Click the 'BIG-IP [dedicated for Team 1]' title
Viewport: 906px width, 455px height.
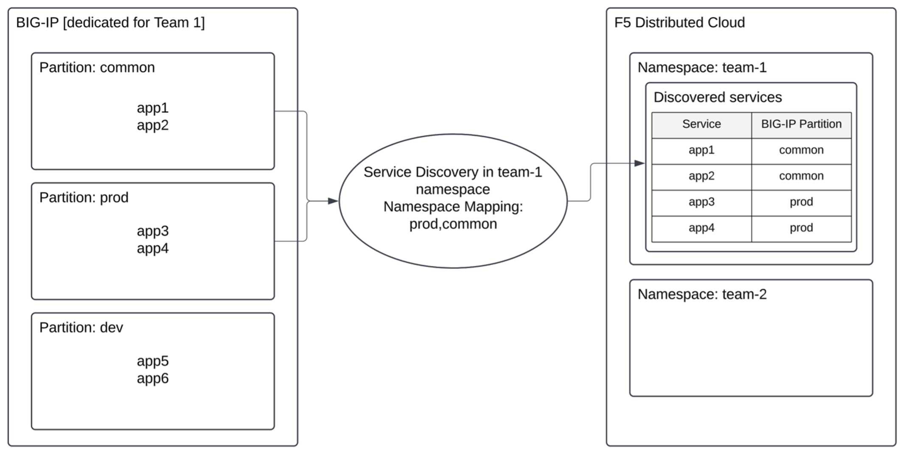[x=110, y=22]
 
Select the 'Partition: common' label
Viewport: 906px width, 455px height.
[x=97, y=67]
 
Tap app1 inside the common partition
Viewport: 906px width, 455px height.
[x=152, y=108]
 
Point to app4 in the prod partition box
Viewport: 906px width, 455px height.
[x=152, y=248]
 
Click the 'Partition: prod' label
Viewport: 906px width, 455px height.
[x=84, y=197]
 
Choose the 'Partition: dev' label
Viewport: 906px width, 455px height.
[x=81, y=327]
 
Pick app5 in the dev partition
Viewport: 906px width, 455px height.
[x=152, y=361]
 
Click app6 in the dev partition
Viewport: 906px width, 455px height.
[x=152, y=378]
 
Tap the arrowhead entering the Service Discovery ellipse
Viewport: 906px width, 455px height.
[x=333, y=201]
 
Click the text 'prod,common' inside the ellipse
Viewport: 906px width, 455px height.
[x=453, y=224]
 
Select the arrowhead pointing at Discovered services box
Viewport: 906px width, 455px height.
[x=639, y=163]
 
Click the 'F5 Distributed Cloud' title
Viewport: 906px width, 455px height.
[x=679, y=22]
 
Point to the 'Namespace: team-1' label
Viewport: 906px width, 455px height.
[x=702, y=67]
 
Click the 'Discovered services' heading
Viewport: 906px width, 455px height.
[x=717, y=97]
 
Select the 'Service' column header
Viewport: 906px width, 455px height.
[x=701, y=124]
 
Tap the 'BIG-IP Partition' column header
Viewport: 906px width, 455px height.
[x=801, y=124]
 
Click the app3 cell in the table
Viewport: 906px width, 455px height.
[x=701, y=202]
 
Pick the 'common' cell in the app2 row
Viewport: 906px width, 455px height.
[x=801, y=176]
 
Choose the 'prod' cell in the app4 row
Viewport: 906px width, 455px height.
[x=801, y=227]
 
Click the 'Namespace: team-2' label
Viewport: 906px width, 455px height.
[x=702, y=294]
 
